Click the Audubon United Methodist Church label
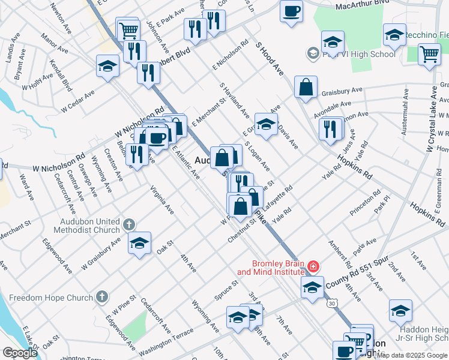[x=85, y=224]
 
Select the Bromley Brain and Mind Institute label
[x=270, y=268]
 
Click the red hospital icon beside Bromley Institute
[x=313, y=266]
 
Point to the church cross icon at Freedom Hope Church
[x=102, y=296]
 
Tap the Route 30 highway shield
[x=331, y=304]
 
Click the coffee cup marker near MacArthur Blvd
[x=291, y=11]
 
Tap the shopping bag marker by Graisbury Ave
[x=306, y=87]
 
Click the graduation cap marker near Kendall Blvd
[x=107, y=65]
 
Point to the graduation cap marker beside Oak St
[x=139, y=243]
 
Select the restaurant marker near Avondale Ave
[x=330, y=128]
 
